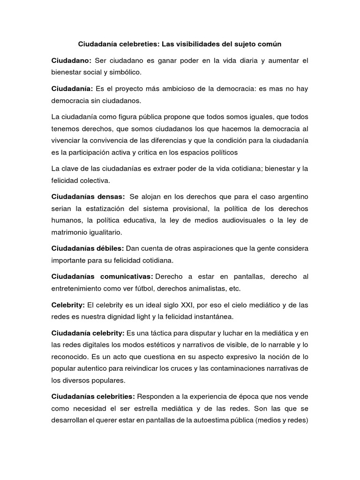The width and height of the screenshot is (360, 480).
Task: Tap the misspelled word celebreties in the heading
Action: (139, 44)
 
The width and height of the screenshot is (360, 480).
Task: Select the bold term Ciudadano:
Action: (71, 60)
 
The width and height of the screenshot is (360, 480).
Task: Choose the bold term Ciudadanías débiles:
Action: (88, 248)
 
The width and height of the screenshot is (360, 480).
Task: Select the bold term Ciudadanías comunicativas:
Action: (103, 276)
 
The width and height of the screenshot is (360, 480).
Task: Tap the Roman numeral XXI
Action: (180, 305)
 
